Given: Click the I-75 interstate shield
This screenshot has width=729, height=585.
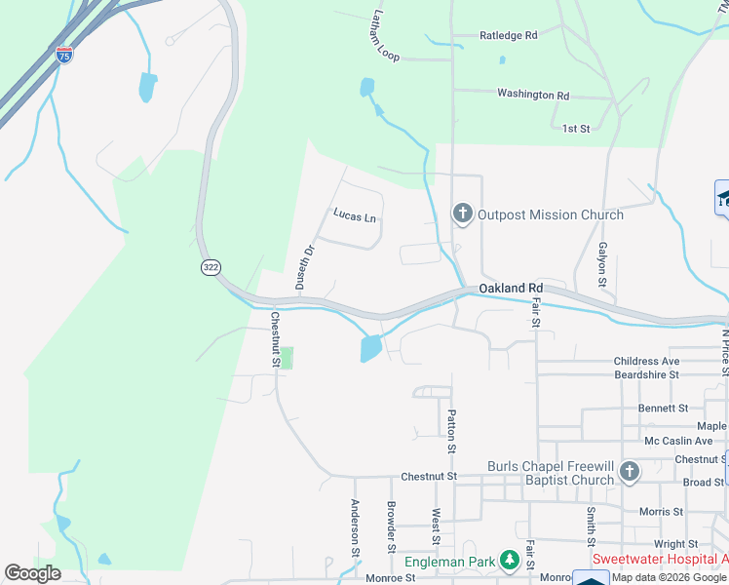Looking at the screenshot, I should [64, 55].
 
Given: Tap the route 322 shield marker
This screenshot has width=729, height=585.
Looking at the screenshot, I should [211, 266].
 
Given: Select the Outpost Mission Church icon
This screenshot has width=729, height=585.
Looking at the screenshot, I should [462, 214].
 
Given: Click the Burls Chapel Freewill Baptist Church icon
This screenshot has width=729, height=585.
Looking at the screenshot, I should [630, 473].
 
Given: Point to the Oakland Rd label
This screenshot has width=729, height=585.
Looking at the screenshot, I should [510, 290].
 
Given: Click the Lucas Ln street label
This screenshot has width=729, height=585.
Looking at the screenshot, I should [354, 216].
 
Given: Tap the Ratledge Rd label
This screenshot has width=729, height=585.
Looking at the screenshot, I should [508, 35].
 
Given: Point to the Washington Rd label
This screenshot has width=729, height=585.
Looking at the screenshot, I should [532, 95].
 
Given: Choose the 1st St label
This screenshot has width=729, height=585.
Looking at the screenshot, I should [577, 129].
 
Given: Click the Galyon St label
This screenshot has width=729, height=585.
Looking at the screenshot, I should [603, 263].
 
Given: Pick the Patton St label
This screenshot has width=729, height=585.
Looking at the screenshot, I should [451, 431].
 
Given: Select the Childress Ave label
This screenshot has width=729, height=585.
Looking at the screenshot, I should [646, 362].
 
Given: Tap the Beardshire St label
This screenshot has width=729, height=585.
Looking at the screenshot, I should [646, 374].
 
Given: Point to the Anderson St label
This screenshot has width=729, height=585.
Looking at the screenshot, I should [355, 522].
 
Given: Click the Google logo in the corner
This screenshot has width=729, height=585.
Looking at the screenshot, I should [32, 573].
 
